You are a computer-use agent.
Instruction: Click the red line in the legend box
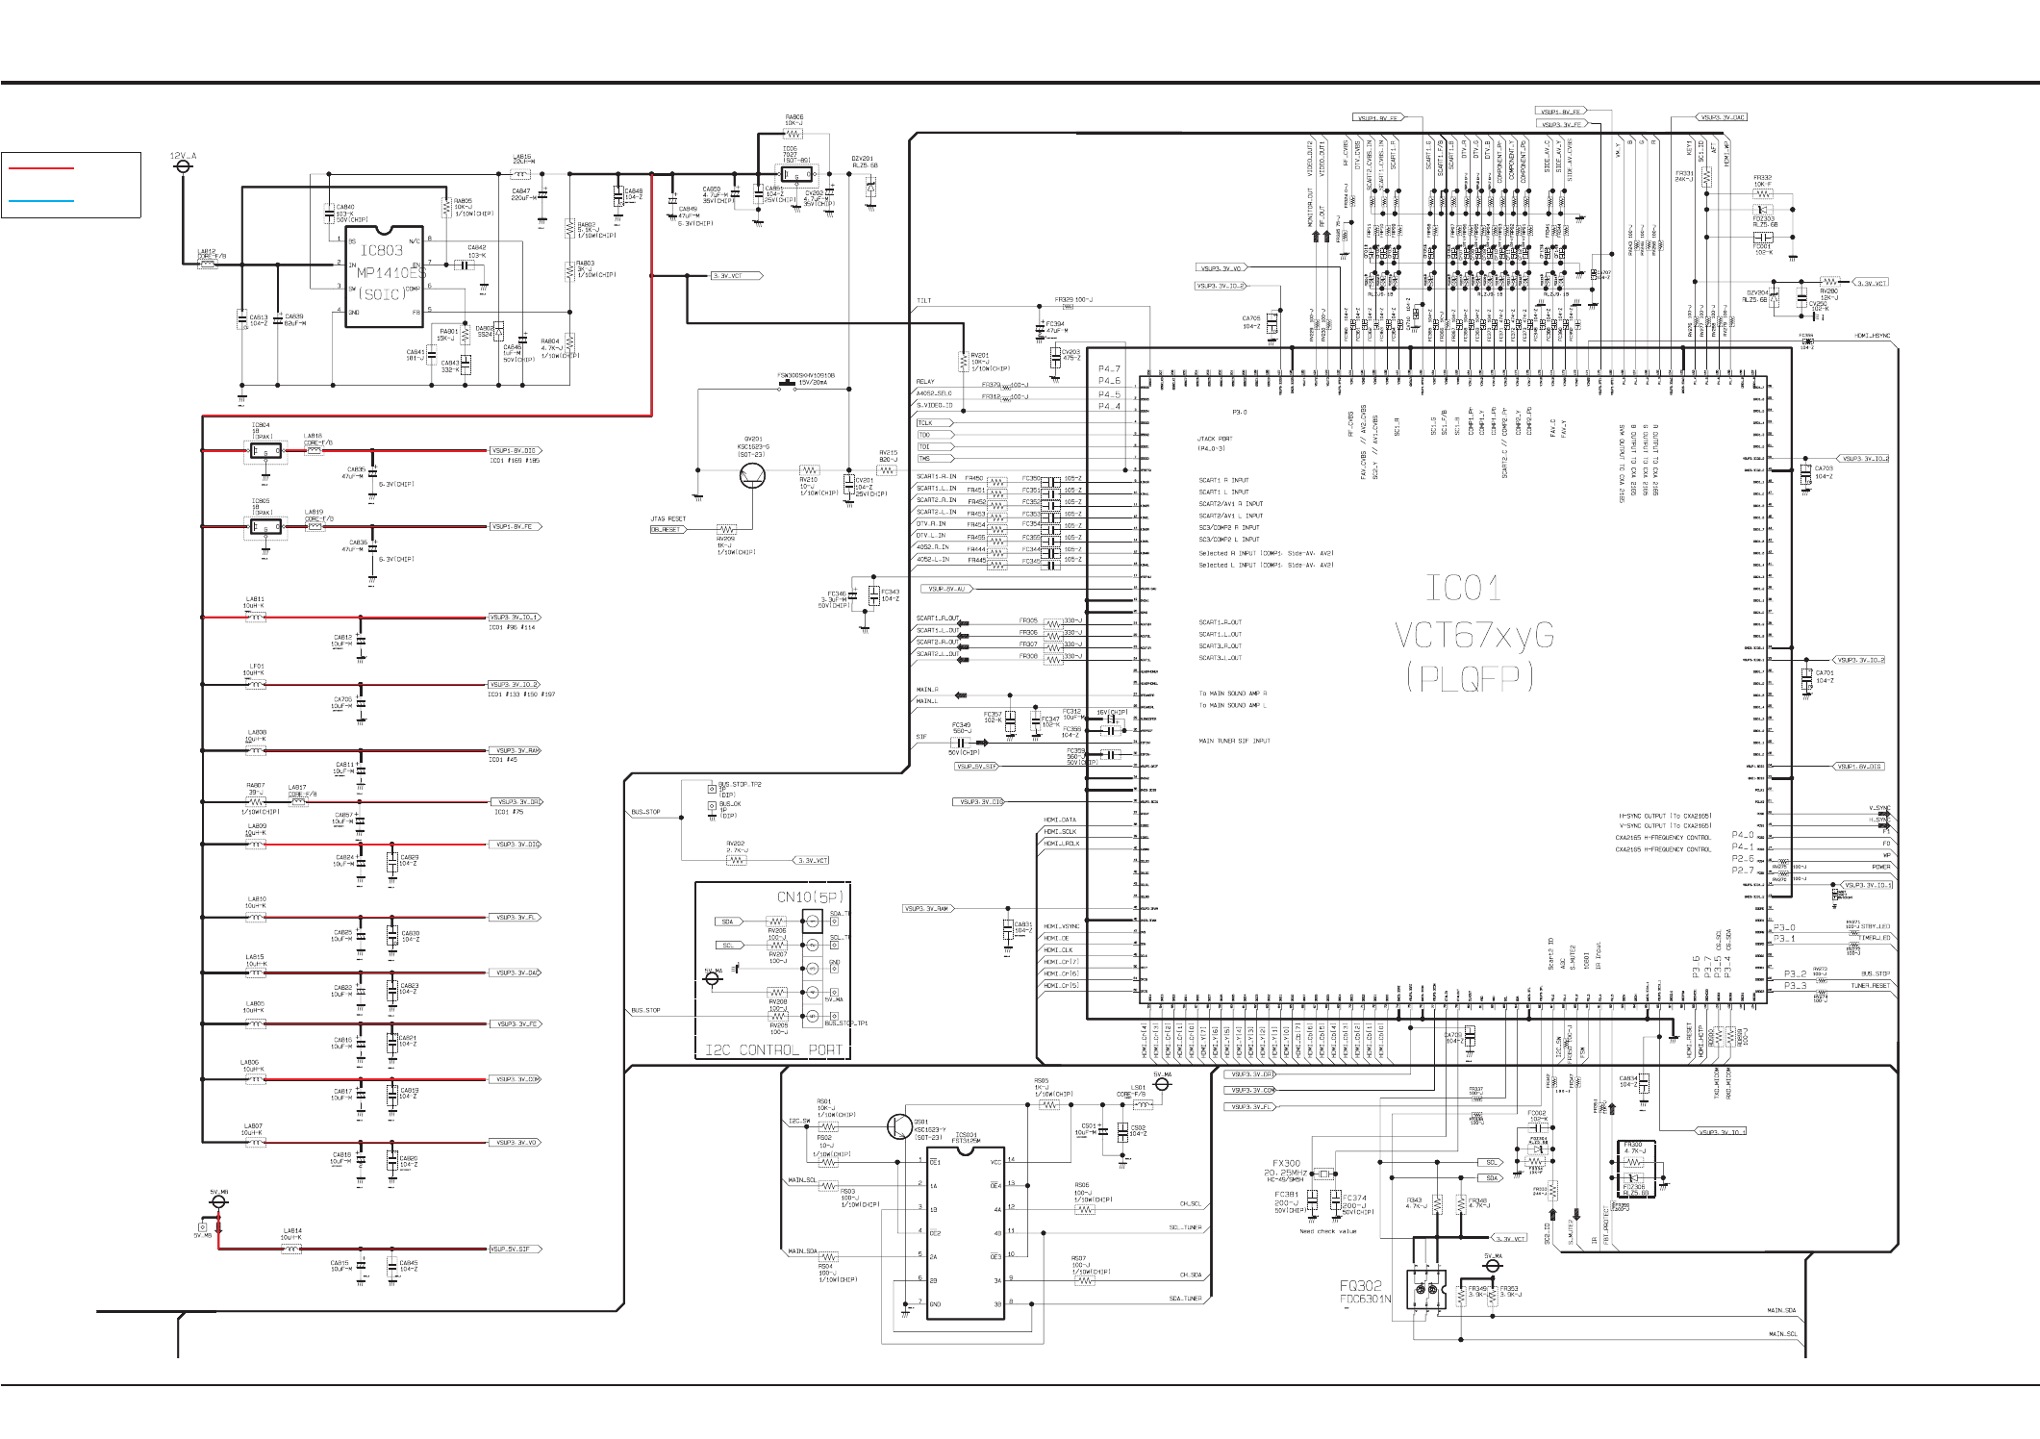(x=40, y=167)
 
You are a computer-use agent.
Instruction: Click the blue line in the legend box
(x=40, y=201)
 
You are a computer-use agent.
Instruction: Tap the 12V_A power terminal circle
(x=183, y=166)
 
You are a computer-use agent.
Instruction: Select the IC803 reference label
(x=381, y=251)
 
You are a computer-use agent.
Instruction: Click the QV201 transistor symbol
(x=752, y=474)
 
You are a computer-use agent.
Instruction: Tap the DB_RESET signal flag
(x=667, y=530)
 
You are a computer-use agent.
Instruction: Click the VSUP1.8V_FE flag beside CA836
(x=516, y=527)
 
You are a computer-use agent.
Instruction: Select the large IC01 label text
(x=1462, y=588)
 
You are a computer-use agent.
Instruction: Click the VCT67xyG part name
(x=1473, y=635)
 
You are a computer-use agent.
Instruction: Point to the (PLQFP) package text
(x=1469, y=679)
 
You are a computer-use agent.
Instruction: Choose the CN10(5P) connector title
(x=811, y=897)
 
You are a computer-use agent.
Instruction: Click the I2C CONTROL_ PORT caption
(x=774, y=1050)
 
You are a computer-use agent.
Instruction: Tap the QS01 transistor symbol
(x=899, y=1126)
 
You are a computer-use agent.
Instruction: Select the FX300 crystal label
(x=1286, y=1164)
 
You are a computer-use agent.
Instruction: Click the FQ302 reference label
(x=1361, y=1285)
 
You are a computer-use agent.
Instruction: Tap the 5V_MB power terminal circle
(x=219, y=1201)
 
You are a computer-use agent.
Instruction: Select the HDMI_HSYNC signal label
(x=1873, y=337)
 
